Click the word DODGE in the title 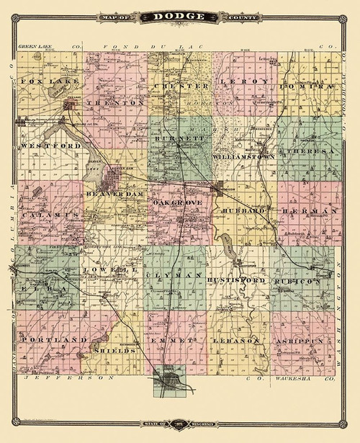(181, 14)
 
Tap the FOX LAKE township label (42, 81)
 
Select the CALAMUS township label (49, 215)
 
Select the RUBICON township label (302, 282)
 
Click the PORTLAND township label (55, 339)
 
